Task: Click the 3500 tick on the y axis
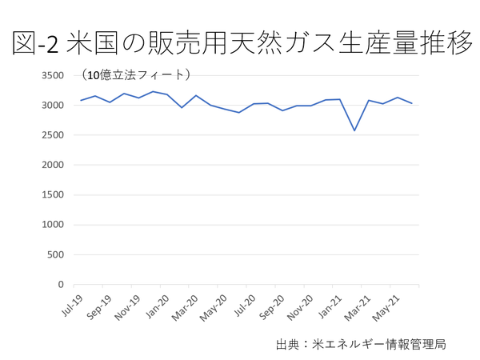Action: click(53, 75)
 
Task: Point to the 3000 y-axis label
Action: click(53, 105)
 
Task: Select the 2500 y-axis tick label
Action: click(53, 135)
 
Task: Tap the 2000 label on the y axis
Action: click(53, 165)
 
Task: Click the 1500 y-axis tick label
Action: click(53, 194)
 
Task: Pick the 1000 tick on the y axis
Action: click(53, 225)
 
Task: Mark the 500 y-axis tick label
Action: click(56, 254)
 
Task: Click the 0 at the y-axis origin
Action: click(60, 284)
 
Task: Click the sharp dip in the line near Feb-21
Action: click(354, 130)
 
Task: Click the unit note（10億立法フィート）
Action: click(135, 75)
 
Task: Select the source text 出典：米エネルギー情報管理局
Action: click(360, 344)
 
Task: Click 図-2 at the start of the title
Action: click(37, 44)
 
